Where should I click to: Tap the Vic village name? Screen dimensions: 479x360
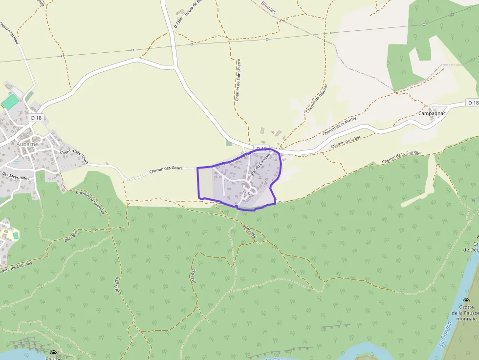246,193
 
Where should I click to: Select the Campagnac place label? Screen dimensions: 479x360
432,113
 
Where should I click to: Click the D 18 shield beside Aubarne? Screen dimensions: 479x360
37,117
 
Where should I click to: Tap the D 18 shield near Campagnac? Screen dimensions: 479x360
472,103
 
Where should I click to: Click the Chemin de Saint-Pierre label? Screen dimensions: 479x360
238,80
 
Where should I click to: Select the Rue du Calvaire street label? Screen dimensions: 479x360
261,165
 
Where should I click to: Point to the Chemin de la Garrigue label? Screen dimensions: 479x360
402,157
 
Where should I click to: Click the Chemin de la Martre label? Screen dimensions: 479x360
340,127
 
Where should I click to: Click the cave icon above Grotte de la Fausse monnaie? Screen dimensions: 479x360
466,301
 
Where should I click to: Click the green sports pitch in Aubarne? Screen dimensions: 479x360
10,102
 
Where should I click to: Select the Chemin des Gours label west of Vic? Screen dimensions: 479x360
165,169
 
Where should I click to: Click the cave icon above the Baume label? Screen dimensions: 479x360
53,353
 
